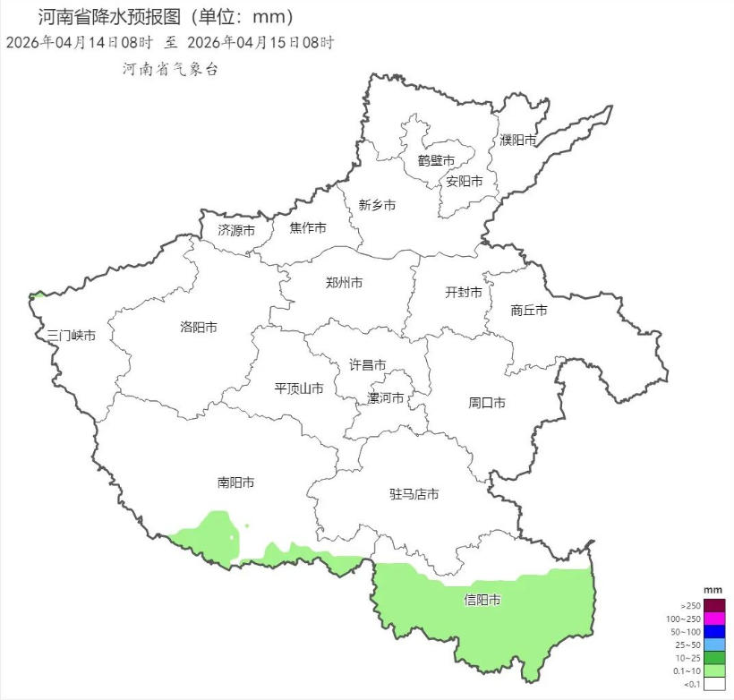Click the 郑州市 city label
tap(344, 283)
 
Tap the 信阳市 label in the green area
tap(482, 600)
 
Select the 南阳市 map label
tap(235, 482)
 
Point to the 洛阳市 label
tap(198, 328)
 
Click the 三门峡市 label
tap(71, 336)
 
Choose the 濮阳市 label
tap(518, 141)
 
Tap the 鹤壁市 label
tap(436, 160)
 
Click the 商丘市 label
tap(528, 311)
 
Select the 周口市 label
tap(487, 403)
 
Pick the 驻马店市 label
tap(414, 494)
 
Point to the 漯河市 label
tap(386, 398)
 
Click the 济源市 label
tap(236, 230)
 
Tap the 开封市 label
tap(463, 293)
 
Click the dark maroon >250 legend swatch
tap(713, 606)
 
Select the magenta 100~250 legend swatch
tap(713, 619)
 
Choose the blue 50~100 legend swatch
tap(713, 632)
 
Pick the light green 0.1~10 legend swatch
tap(713, 670)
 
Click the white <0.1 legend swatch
tap(713, 684)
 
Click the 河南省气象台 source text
tap(170, 69)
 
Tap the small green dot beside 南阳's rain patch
tap(246, 525)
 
